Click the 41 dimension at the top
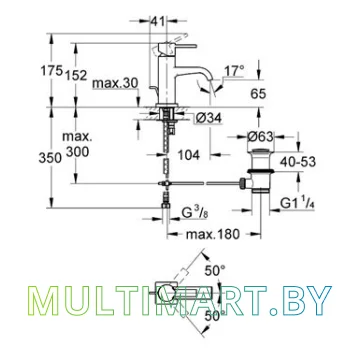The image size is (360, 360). coord(157,22)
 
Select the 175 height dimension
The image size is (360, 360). coord(52,71)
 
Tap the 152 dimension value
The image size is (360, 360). coord(76,76)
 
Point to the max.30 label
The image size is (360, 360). coord(115,84)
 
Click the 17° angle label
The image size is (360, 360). coord(234,71)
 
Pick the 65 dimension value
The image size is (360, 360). coord(258,94)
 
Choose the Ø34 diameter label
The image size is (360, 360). coord(209,119)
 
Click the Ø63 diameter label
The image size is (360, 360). coord(260,137)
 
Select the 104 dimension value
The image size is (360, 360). coord(188,155)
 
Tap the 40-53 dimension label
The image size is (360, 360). coord(298,162)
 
